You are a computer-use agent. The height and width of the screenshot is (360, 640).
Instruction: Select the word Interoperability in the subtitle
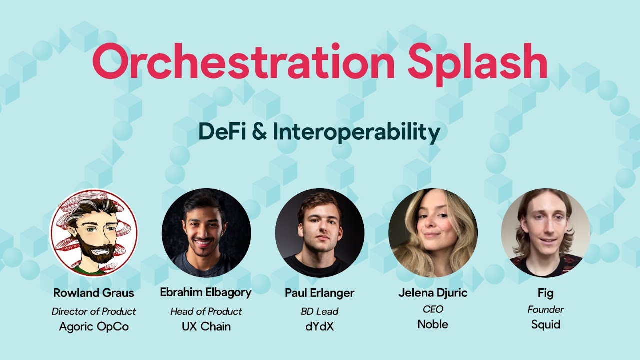(x=356, y=132)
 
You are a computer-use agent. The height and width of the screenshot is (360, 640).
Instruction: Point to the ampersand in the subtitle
(x=259, y=132)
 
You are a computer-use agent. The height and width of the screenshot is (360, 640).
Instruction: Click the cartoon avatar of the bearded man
(x=94, y=232)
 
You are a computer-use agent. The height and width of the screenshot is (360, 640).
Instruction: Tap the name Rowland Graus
(x=94, y=292)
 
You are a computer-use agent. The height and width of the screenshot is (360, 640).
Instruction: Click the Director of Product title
(x=94, y=311)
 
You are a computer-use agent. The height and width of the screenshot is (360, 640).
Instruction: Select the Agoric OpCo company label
(x=94, y=326)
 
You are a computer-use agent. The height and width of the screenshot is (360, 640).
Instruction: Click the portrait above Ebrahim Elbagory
(x=206, y=232)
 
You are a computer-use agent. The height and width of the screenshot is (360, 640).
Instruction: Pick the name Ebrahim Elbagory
(x=206, y=292)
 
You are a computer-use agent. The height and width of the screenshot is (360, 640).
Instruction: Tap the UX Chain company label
(x=206, y=326)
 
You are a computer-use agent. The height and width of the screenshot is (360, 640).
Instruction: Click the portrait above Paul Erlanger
(x=320, y=232)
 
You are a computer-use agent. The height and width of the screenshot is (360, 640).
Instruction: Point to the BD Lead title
(x=320, y=311)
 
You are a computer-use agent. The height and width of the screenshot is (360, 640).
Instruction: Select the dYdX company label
(x=320, y=326)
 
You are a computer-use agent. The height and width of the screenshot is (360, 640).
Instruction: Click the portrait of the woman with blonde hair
(x=433, y=232)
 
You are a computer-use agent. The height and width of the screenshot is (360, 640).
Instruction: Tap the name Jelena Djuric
(x=433, y=292)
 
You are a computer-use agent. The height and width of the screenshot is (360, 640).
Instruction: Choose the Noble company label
(x=433, y=324)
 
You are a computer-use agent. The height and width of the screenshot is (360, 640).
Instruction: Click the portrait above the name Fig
(x=546, y=232)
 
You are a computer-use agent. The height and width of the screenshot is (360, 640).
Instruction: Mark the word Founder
(x=546, y=309)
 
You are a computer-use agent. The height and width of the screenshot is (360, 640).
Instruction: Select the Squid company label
(x=546, y=325)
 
